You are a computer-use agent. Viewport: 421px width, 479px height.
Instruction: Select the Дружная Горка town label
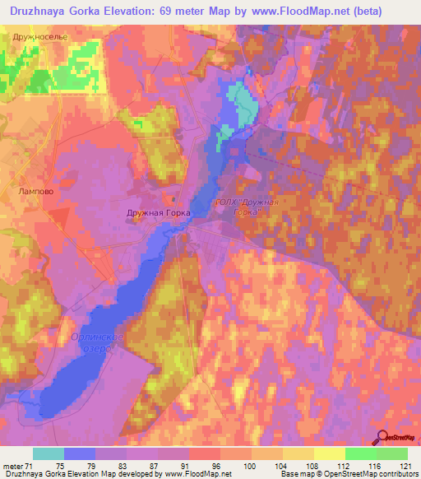159,212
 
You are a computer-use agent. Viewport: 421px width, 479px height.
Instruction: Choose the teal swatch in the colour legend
48,453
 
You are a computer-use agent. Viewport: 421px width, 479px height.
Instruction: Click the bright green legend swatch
360,453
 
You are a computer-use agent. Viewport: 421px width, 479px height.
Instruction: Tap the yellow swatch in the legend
329,453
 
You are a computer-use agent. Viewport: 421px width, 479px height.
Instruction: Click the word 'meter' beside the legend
12,465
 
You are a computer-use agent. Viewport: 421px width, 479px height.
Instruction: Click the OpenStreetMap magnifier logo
383,439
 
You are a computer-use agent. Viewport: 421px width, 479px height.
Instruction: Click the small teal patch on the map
241,103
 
